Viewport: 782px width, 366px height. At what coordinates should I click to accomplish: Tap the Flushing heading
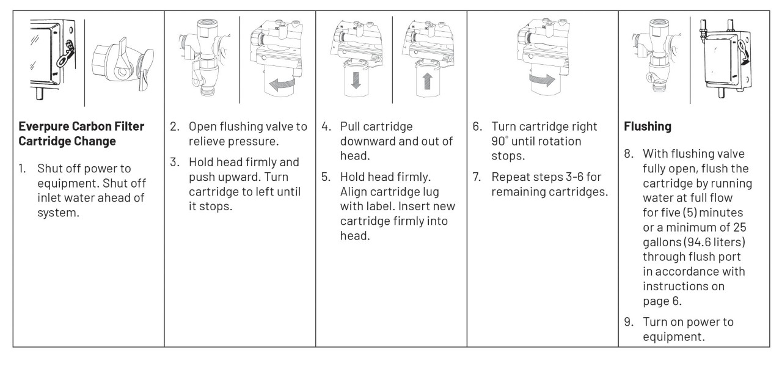click(648, 127)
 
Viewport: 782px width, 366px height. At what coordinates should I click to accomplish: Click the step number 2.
click(174, 127)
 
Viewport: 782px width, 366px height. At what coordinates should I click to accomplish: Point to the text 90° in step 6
click(502, 141)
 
